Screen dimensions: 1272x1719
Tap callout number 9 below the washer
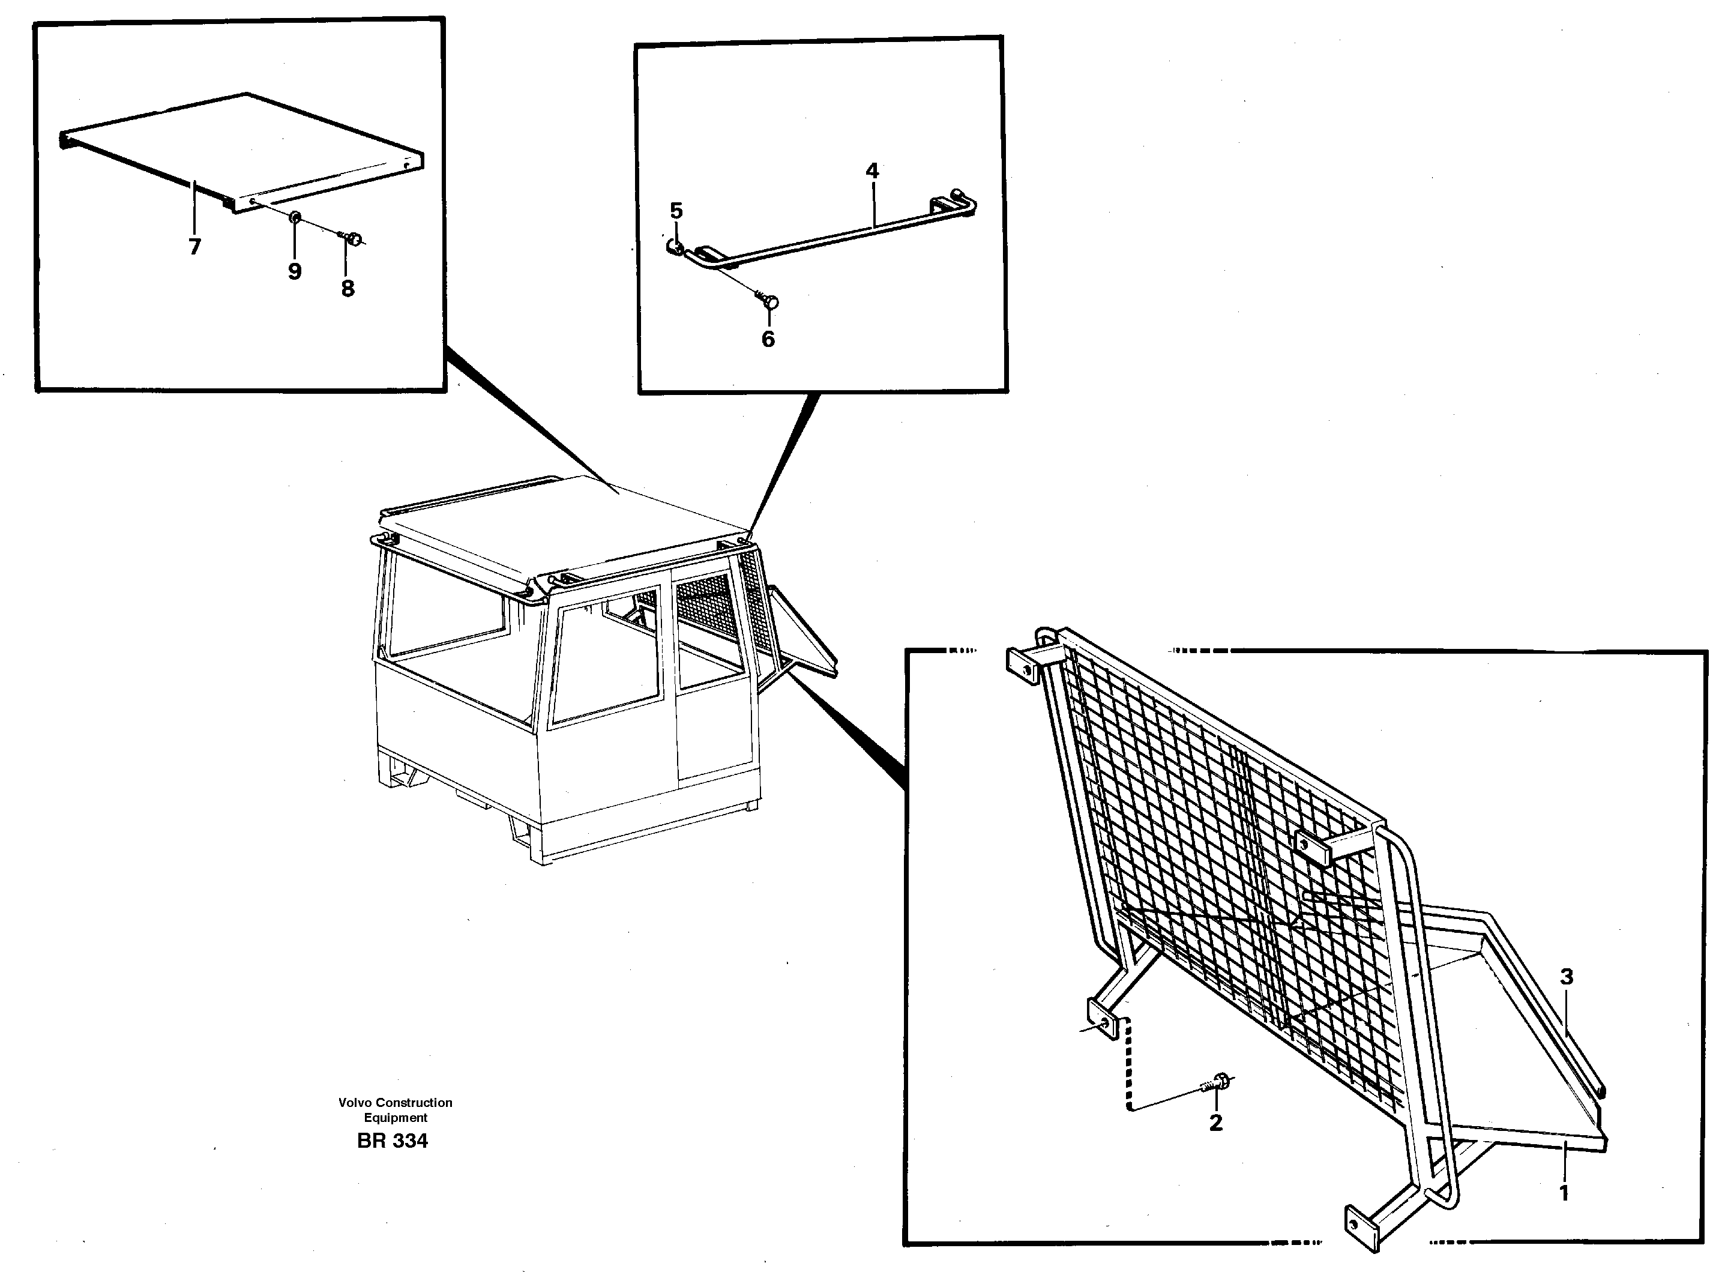coord(295,271)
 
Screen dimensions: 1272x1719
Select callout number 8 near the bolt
coord(348,289)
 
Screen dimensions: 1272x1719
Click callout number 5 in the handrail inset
coord(676,210)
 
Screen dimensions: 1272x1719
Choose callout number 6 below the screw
coord(768,339)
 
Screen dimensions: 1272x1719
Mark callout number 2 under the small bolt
coord(1215,1123)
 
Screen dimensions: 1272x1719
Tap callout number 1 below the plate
coord(1564,1194)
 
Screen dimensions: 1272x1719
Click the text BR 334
coord(392,1141)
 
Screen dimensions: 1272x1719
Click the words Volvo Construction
coord(395,1103)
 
